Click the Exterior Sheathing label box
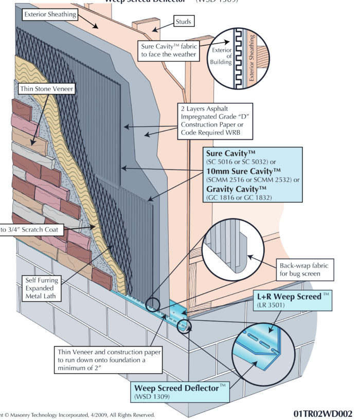point(49,15)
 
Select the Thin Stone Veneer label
point(40,89)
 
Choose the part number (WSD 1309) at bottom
point(154,397)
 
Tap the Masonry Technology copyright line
point(77,414)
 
